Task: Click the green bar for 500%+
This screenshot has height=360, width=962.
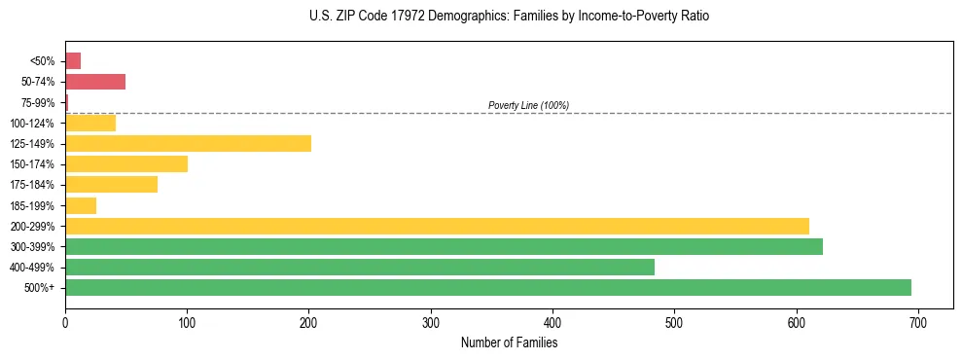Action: pos(487,287)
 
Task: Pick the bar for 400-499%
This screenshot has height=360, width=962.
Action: pos(360,267)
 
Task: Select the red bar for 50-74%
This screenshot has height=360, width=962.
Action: pos(95,82)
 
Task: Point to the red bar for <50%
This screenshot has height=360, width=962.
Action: pos(73,61)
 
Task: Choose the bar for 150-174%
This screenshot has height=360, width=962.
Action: pos(126,163)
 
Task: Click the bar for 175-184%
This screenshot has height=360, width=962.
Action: pos(111,184)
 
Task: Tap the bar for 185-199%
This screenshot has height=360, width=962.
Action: pos(81,205)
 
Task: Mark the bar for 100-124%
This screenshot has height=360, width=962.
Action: pos(90,123)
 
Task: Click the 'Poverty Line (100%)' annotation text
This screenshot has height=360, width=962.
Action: pos(528,105)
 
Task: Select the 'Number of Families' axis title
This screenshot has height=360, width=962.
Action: pos(509,342)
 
